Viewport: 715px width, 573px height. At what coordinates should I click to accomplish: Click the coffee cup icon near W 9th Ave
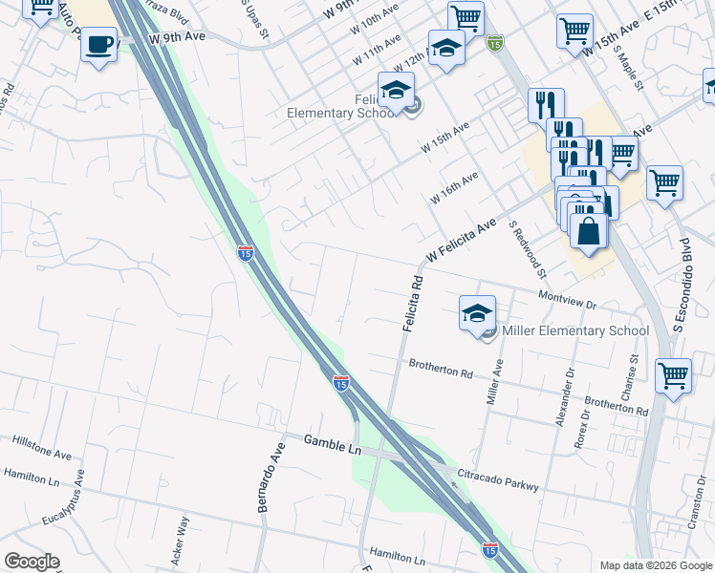(x=98, y=44)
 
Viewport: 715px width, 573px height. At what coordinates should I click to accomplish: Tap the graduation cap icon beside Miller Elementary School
(x=478, y=313)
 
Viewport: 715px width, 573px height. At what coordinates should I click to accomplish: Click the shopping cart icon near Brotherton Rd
(x=674, y=375)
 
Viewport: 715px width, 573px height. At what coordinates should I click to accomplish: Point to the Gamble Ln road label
(x=333, y=442)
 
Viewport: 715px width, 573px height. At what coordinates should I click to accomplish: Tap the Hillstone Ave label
(x=42, y=447)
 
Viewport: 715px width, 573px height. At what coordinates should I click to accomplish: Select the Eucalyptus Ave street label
(x=65, y=498)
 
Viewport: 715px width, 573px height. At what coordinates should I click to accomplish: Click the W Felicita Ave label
(x=462, y=241)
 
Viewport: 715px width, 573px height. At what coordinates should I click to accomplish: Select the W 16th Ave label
(x=454, y=187)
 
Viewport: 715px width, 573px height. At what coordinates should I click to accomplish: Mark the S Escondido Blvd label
(x=682, y=287)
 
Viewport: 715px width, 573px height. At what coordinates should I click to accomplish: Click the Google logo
(x=32, y=562)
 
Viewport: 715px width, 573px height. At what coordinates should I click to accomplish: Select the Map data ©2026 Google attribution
(x=655, y=565)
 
